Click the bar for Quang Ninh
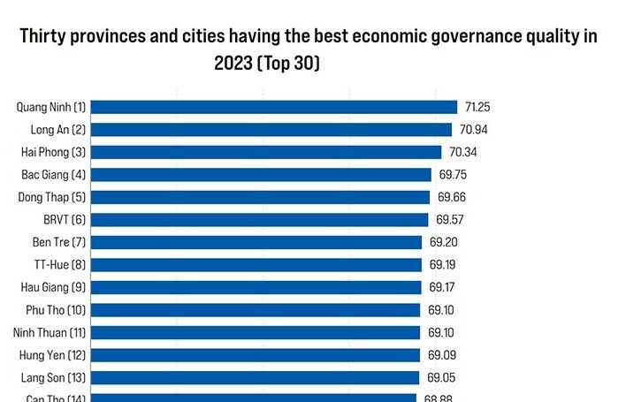tap(274, 107)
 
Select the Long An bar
tap(271, 130)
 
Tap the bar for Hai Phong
tap(266, 152)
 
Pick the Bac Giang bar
tap(261, 175)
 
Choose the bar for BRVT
tap(260, 219)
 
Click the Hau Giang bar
tap(256, 287)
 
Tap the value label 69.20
tap(443, 242)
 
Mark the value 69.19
tap(443, 264)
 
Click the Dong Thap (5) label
tap(52, 197)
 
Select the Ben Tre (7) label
tap(58, 242)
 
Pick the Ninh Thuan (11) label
tap(50, 332)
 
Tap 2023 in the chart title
tap(232, 64)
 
